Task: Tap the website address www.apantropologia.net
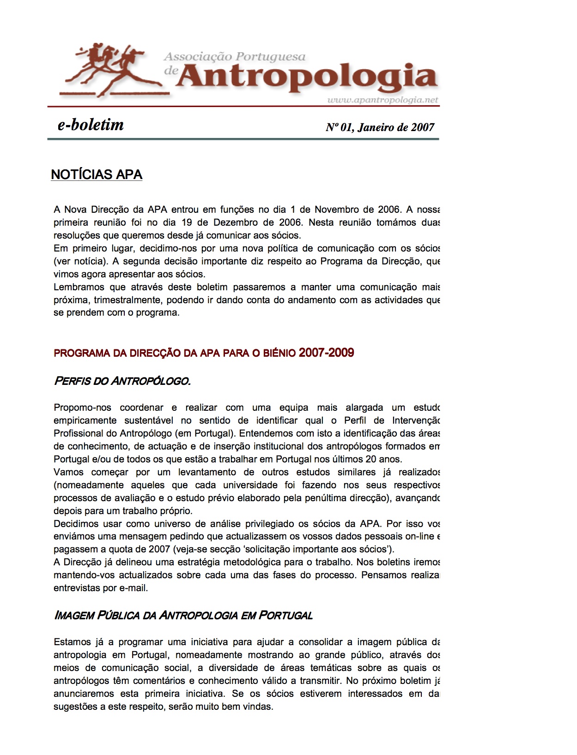(x=383, y=100)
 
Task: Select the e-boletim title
(x=91, y=125)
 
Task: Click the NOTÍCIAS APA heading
(x=97, y=174)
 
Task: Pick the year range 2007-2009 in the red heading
(x=326, y=353)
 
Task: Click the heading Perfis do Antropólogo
(x=122, y=381)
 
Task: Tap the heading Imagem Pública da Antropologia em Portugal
(x=183, y=615)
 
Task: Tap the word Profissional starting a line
(x=78, y=433)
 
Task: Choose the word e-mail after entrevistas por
(x=134, y=588)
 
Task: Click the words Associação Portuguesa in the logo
(x=235, y=57)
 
